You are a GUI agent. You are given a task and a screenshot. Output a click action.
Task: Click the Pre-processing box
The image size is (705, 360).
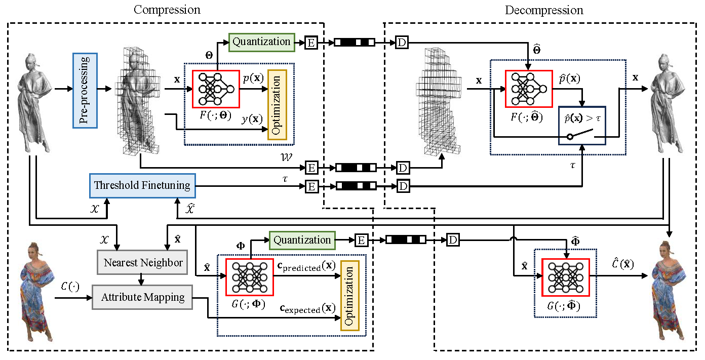click(x=85, y=91)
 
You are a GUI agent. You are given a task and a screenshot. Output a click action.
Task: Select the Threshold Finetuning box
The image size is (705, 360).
click(x=142, y=186)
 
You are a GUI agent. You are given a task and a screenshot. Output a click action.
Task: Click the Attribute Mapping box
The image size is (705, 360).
click(x=142, y=297)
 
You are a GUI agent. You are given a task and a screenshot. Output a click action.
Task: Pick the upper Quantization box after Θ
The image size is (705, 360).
click(x=261, y=42)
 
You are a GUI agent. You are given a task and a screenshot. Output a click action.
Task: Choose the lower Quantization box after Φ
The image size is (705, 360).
click(x=302, y=240)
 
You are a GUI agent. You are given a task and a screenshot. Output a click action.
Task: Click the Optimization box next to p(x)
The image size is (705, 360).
click(x=276, y=105)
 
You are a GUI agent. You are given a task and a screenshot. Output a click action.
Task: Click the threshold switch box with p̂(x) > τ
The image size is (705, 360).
click(x=582, y=126)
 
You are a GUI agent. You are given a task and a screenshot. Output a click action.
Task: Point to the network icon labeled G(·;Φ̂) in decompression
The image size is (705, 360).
click(x=563, y=277)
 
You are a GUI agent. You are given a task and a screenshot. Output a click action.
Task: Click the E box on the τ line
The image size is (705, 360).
click(x=311, y=187)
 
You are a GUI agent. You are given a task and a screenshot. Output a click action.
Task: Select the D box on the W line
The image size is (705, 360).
click(x=402, y=168)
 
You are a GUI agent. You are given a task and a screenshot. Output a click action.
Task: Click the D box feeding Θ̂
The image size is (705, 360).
click(x=401, y=43)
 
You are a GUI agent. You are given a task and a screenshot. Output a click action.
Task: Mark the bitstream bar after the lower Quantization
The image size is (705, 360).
click(x=406, y=240)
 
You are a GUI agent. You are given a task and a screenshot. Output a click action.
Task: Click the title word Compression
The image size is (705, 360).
click(x=167, y=10)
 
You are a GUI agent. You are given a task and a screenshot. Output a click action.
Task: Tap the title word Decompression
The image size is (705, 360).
click(x=544, y=10)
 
